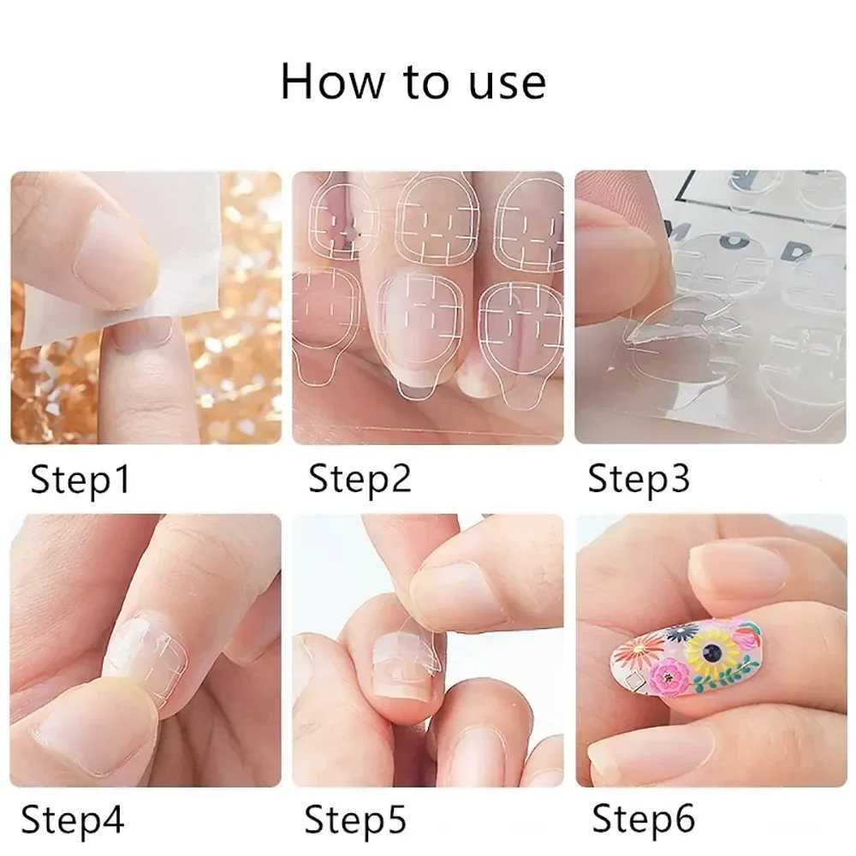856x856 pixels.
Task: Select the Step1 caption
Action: pyautogui.click(x=80, y=479)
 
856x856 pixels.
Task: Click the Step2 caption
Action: pyautogui.click(x=360, y=479)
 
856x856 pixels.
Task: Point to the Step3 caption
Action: pyautogui.click(x=639, y=479)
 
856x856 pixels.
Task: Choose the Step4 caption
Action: pyautogui.click(x=73, y=819)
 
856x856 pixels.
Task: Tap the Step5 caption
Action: pyautogui.click(x=355, y=819)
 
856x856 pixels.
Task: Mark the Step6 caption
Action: pyautogui.click(x=643, y=819)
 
